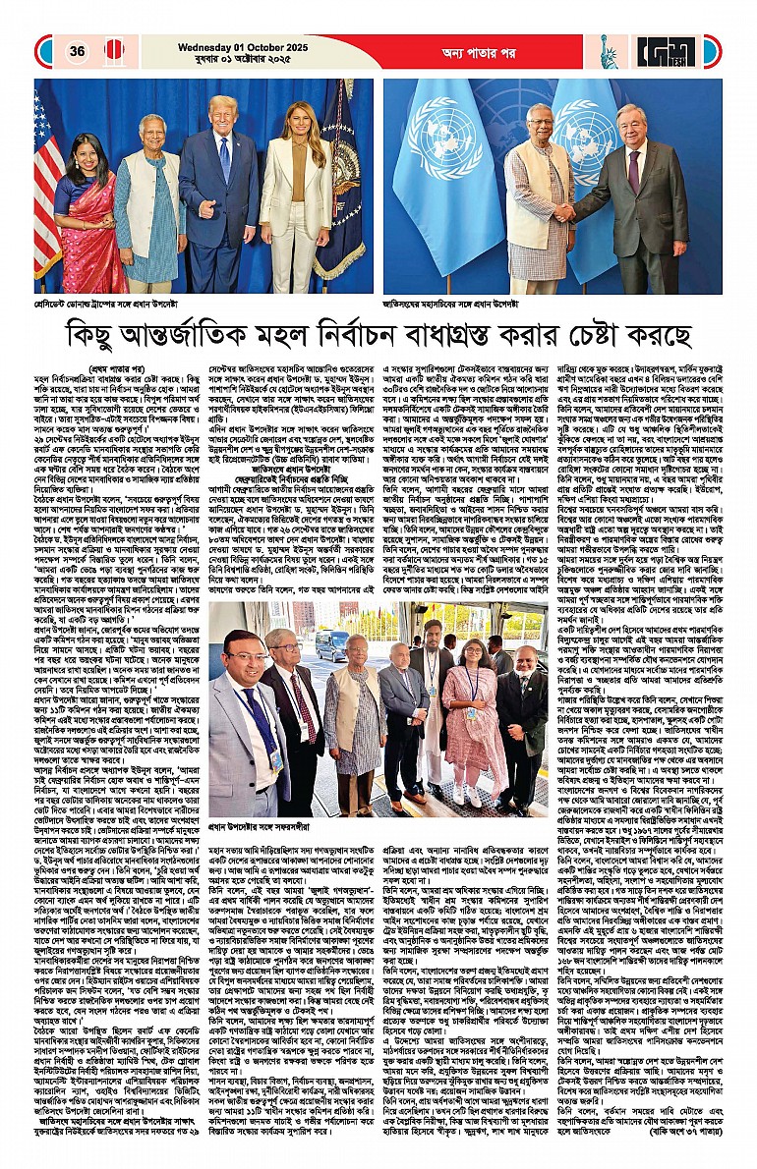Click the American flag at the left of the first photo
pyautogui.click(x=46, y=196)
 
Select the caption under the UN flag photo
pyautogui.click(x=458, y=303)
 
